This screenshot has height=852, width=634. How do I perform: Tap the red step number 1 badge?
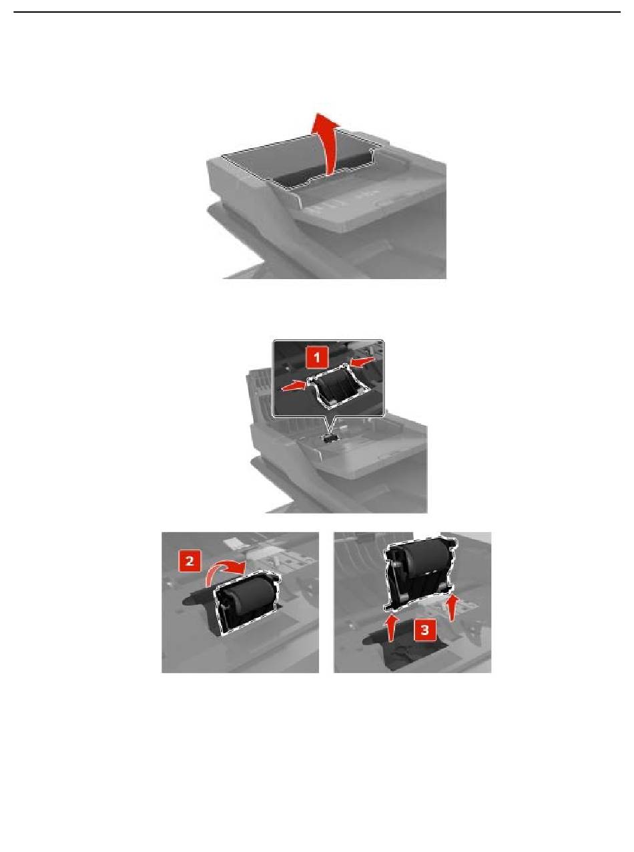click(316, 359)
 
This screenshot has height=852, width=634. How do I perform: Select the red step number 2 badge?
click(190, 562)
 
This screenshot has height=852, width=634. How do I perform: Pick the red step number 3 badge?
click(424, 630)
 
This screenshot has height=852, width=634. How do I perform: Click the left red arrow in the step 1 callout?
click(294, 385)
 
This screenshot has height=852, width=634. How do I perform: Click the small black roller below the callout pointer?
click(328, 438)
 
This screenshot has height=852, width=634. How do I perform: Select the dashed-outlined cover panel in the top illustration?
click(302, 160)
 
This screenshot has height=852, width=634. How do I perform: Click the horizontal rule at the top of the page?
click(317, 12)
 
